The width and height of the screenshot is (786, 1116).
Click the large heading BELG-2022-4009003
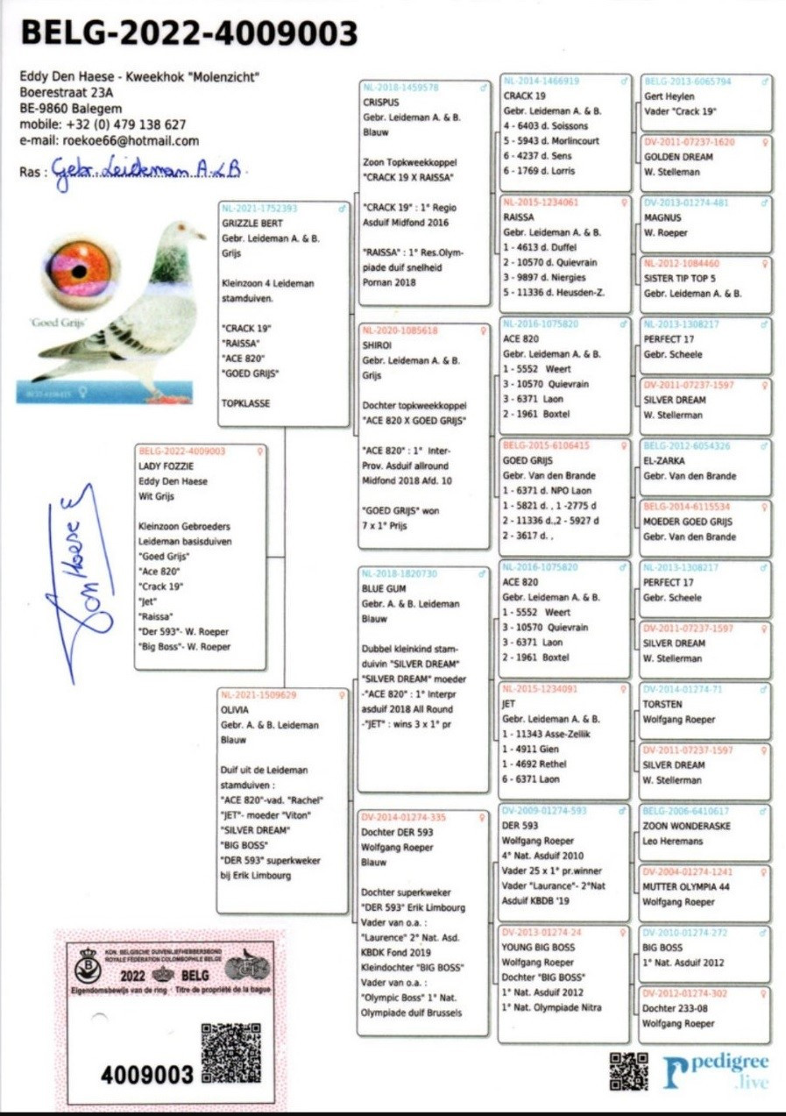188,33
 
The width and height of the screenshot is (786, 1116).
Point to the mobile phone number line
103,124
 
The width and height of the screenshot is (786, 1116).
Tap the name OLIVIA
235,709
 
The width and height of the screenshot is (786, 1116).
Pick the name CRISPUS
380,102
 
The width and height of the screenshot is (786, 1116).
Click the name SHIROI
379,345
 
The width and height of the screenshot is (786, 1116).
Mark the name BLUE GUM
384,588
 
